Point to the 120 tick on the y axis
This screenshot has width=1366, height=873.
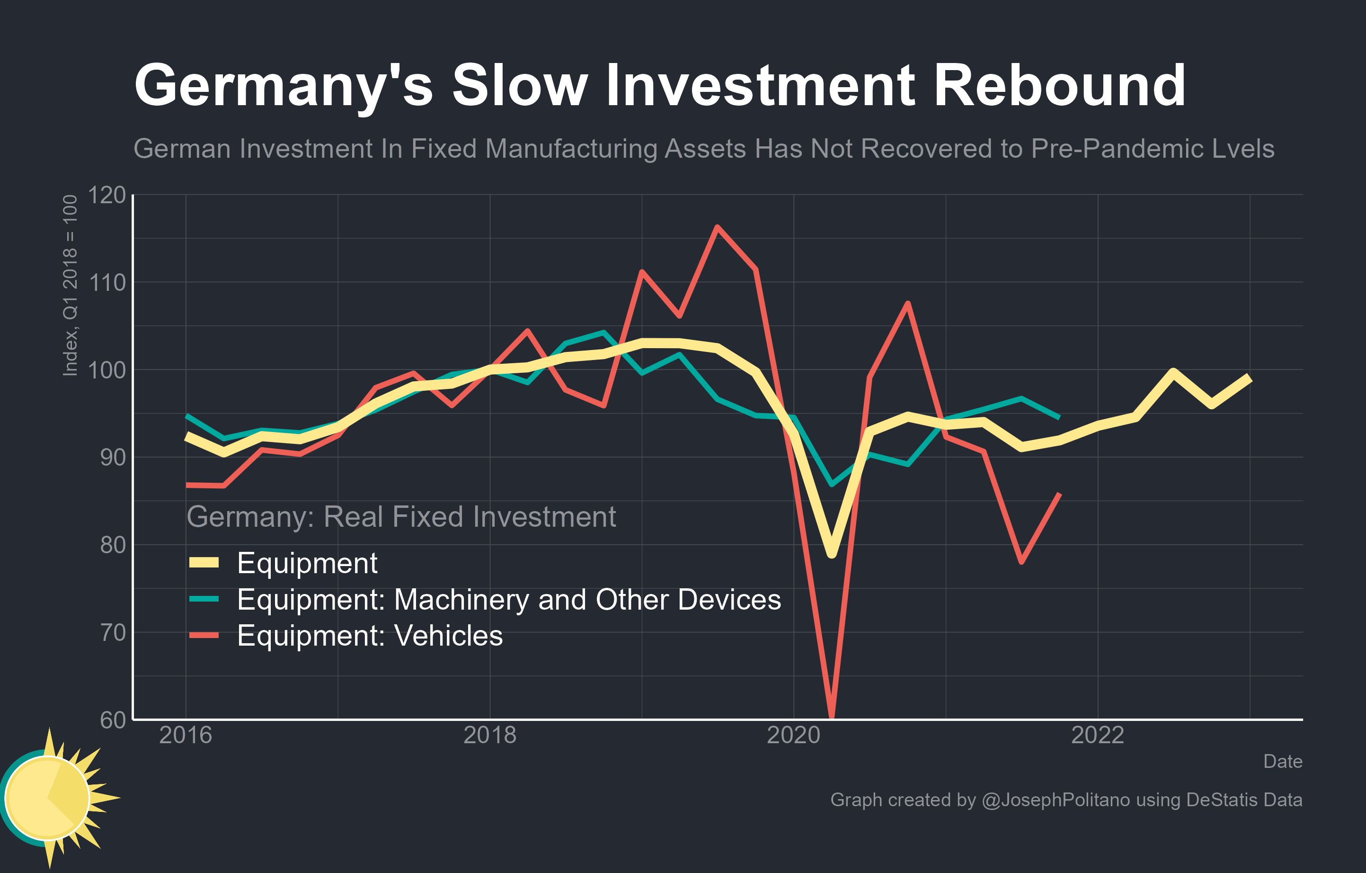(106, 195)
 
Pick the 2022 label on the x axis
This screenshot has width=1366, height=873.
(1097, 736)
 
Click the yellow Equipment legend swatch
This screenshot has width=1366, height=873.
(204, 563)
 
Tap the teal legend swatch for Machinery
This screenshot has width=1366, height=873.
(204, 599)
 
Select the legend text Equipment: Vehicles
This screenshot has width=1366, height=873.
(370, 635)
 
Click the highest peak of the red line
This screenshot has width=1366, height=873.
(718, 227)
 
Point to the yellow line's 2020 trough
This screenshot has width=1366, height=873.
(832, 553)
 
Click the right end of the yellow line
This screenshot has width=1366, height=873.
(1249, 378)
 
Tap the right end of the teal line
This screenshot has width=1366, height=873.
(1058, 417)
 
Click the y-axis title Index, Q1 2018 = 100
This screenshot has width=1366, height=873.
(69, 286)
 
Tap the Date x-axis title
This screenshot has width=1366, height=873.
(1283, 762)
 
